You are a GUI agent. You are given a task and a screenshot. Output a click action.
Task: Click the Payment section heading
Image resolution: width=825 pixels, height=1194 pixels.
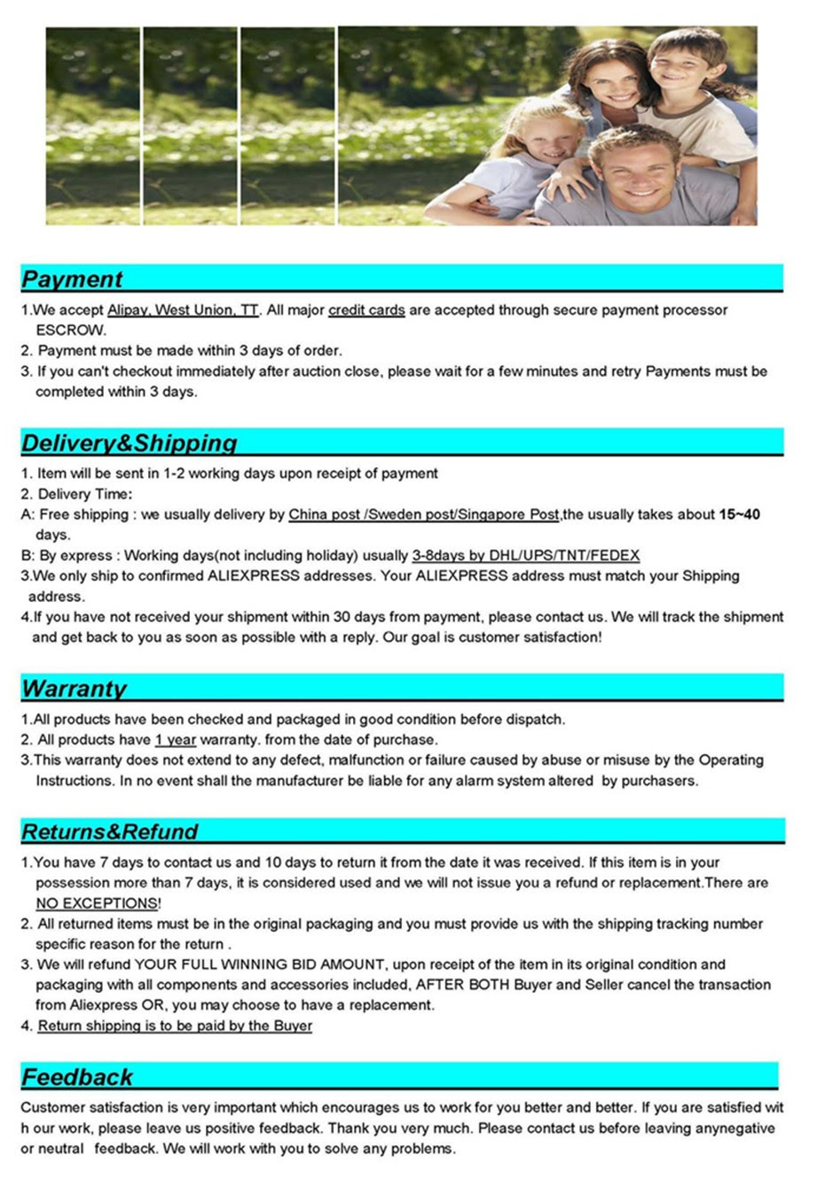(72, 279)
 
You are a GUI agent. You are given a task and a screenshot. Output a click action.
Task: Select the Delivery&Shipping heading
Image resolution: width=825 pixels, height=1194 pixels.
(130, 443)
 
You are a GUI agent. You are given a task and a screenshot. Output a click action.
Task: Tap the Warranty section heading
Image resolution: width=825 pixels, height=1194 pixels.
(74, 689)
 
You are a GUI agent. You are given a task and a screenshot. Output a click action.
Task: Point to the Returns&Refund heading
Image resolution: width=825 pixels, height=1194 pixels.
(109, 831)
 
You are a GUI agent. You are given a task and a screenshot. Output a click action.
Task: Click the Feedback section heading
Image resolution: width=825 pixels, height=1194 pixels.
(77, 1077)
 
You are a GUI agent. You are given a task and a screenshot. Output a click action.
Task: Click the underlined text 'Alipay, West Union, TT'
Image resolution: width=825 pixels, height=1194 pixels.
(183, 310)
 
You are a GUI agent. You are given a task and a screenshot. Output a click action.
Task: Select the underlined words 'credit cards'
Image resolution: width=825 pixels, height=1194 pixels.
(366, 310)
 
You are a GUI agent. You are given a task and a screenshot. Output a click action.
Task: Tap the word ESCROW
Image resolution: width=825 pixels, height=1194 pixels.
(71, 331)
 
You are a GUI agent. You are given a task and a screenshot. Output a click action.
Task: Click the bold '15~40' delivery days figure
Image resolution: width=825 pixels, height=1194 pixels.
(739, 514)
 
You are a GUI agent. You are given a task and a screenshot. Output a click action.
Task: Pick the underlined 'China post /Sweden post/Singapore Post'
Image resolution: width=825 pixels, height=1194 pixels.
(423, 514)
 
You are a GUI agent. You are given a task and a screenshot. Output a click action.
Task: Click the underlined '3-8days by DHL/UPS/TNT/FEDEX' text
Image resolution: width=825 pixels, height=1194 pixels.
(525, 556)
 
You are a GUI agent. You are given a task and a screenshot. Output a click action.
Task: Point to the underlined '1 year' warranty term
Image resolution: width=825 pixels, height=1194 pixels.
(175, 740)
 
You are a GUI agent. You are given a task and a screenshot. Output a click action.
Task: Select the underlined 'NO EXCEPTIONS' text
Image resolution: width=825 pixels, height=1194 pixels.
(97, 903)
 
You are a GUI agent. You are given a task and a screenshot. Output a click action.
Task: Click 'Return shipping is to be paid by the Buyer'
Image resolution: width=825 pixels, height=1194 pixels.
(175, 1026)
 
